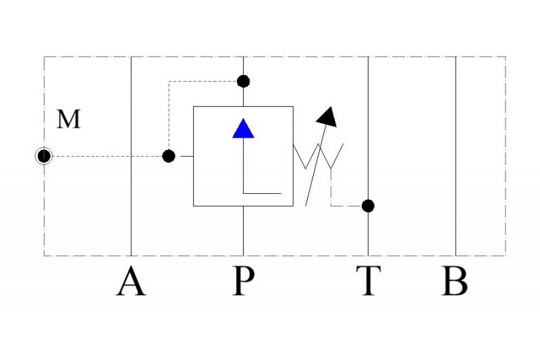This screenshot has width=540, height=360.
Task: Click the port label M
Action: point(69,119)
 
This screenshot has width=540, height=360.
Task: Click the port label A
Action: point(131,281)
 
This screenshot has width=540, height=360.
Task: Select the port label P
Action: point(244,281)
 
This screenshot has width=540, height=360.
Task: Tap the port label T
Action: point(369,281)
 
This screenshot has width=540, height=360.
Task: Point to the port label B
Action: point(454,281)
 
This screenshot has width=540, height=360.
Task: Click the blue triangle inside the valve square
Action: point(243,128)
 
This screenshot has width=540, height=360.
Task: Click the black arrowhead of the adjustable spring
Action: point(327,117)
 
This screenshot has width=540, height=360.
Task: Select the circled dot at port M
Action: point(44,156)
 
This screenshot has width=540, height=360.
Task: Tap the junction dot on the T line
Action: point(368,206)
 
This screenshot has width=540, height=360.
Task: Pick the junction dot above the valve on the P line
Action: point(243,82)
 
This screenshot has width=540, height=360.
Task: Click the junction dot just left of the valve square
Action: point(168,156)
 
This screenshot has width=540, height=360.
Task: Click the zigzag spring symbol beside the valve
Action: point(318,156)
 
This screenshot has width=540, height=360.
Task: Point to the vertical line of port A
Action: point(131,156)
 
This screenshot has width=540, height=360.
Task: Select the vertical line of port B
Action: point(456,156)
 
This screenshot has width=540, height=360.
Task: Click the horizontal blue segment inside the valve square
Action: point(262,193)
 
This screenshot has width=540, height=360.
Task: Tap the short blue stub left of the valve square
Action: point(187,157)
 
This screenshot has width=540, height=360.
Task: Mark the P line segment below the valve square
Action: point(243,231)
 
